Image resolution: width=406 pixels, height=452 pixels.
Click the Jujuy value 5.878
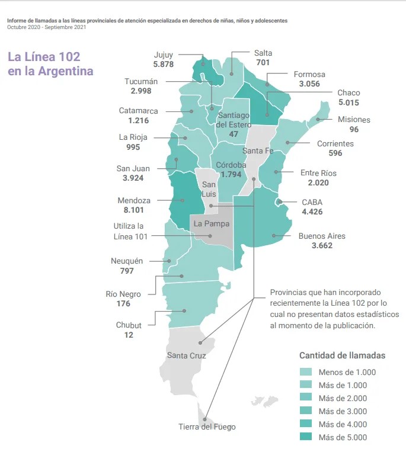tap(163, 64)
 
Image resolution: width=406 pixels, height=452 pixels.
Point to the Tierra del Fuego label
tap(207, 427)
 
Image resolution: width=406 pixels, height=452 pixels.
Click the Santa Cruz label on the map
tap(186, 355)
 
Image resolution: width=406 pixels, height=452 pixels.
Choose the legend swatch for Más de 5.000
tap(306, 437)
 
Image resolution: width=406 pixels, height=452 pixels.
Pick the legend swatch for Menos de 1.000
tap(306, 373)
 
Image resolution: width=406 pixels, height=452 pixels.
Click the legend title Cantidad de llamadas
tap(342, 355)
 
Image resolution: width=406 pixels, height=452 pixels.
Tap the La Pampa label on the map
tap(211, 224)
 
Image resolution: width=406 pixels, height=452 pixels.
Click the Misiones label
tap(354, 120)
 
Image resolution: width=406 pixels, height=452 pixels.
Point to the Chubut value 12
tap(129, 335)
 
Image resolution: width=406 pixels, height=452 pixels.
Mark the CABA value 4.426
tap(312, 211)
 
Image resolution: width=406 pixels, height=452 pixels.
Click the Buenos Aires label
tap(322, 236)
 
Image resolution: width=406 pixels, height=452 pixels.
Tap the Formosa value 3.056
tap(309, 84)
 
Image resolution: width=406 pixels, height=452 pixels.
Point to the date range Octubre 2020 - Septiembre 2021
tap(46, 27)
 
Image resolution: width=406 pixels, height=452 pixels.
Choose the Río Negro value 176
tap(123, 304)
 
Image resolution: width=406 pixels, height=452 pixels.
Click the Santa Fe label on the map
tap(258, 150)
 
